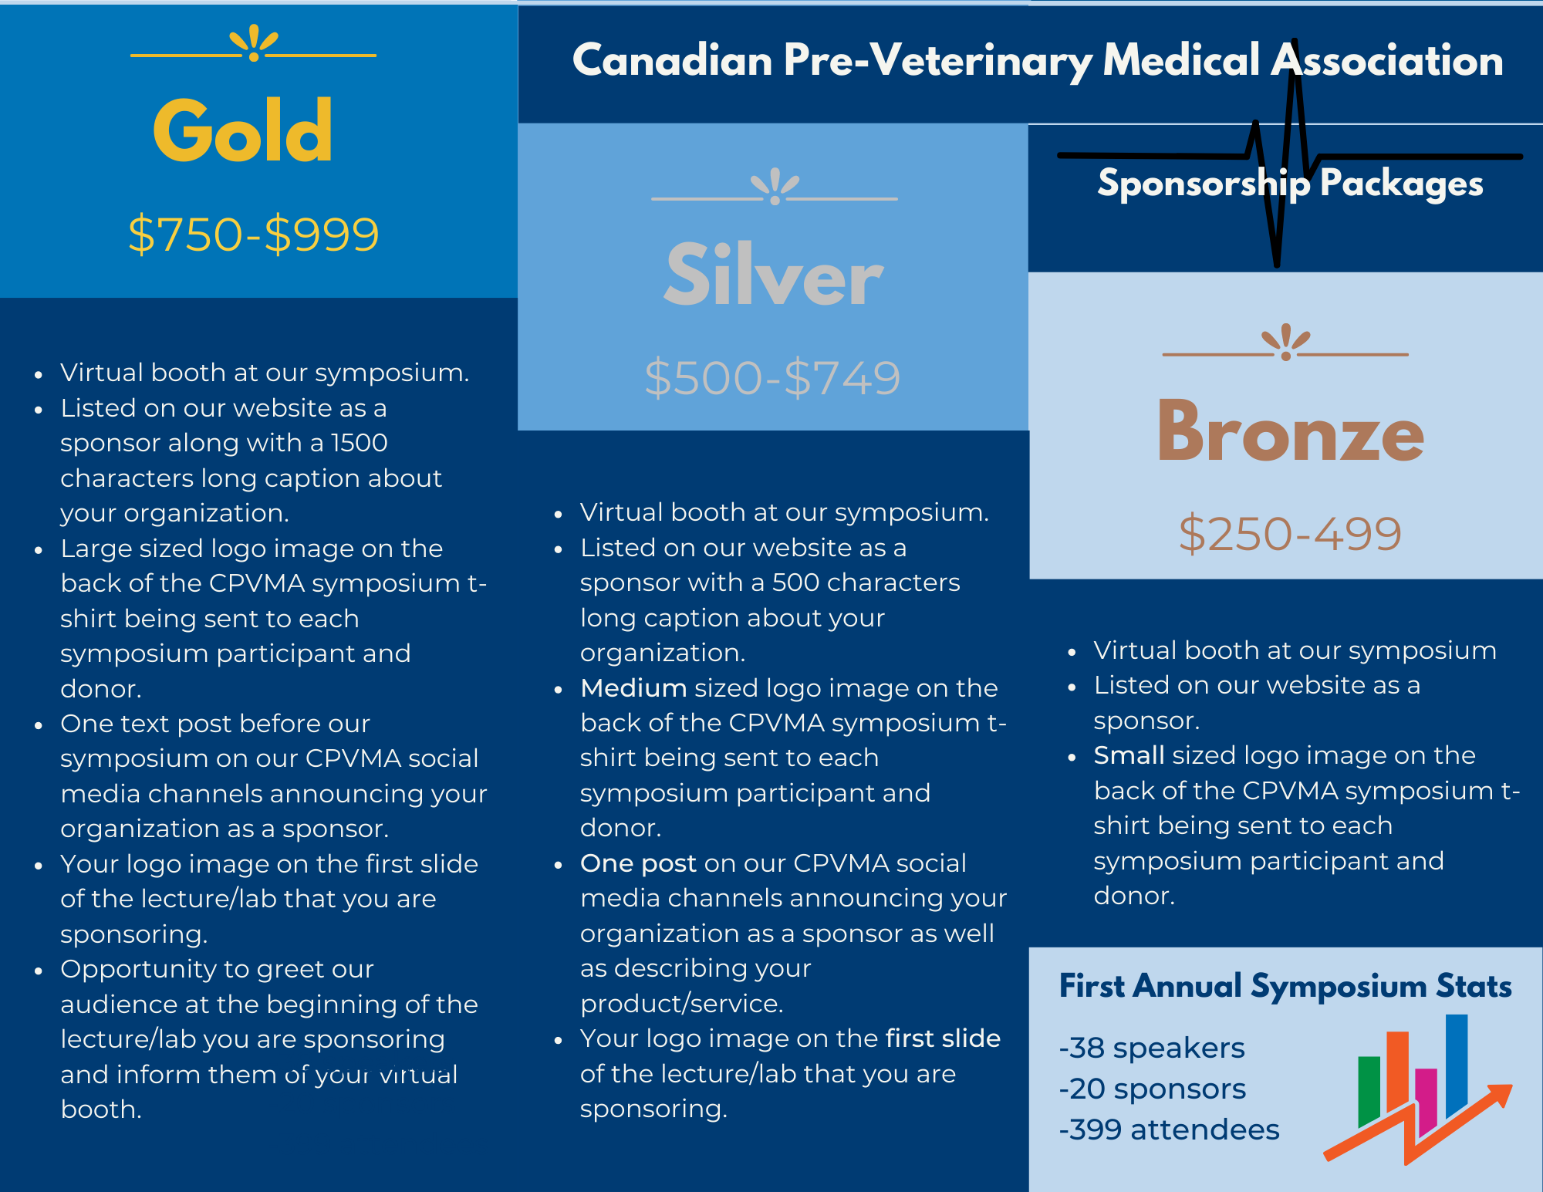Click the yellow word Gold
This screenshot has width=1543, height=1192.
click(243, 131)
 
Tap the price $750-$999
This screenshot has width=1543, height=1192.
click(253, 235)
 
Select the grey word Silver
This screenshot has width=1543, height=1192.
click(773, 275)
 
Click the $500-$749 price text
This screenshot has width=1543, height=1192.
click(772, 378)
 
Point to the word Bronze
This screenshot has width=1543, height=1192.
click(1289, 433)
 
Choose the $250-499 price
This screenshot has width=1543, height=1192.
click(1289, 534)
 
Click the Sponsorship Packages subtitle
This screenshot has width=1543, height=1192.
click(1290, 184)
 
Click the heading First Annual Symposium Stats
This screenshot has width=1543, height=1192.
click(1285, 986)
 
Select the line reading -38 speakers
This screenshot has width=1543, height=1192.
click(1151, 1048)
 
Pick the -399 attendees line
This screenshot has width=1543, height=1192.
click(1169, 1130)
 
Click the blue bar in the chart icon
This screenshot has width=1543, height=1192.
click(1456, 1061)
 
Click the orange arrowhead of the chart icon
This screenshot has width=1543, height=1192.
click(1501, 1094)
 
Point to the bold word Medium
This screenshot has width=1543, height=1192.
click(633, 688)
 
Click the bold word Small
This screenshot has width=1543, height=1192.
click(1129, 755)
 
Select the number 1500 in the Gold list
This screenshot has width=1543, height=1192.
click(360, 443)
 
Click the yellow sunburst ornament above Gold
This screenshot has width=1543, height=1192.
click(254, 43)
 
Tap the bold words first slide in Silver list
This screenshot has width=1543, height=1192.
click(943, 1038)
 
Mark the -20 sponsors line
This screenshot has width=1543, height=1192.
click(1152, 1089)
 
